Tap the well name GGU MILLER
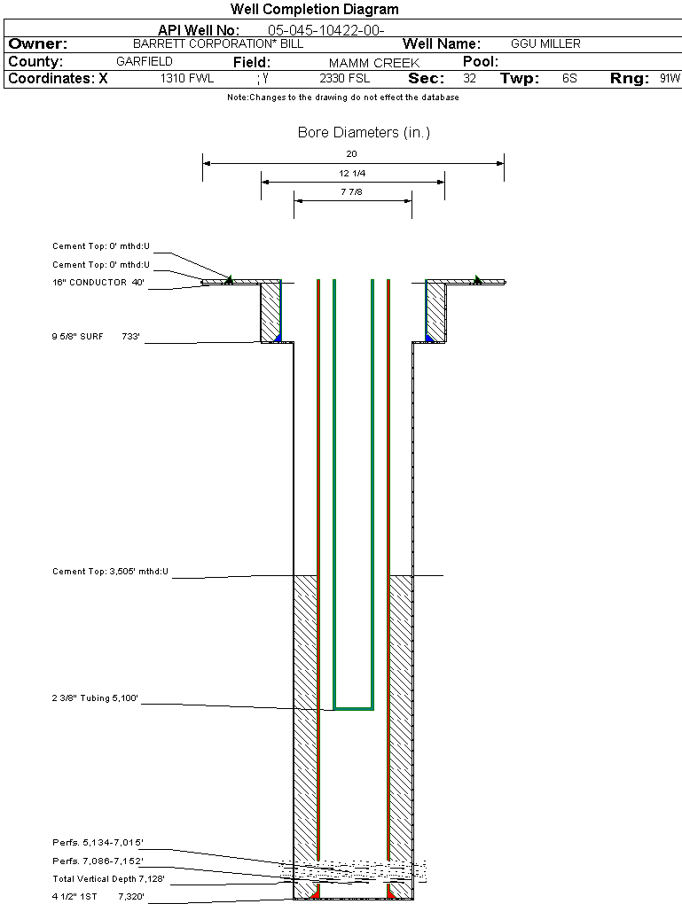[545, 43]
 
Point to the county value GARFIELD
[145, 62]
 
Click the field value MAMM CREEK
[373, 63]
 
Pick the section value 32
[469, 79]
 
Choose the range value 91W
[670, 79]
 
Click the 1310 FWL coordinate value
[187, 79]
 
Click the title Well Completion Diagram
[314, 10]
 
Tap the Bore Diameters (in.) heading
[364, 133]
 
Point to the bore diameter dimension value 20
[352, 153]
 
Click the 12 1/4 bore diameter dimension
[352, 173]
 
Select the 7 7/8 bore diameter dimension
[352, 191]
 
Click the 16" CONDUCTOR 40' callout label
[98, 283]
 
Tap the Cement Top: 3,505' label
[110, 572]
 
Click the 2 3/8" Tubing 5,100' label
[96, 699]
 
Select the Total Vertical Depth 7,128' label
[108, 879]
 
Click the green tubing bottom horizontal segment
[353, 709]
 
